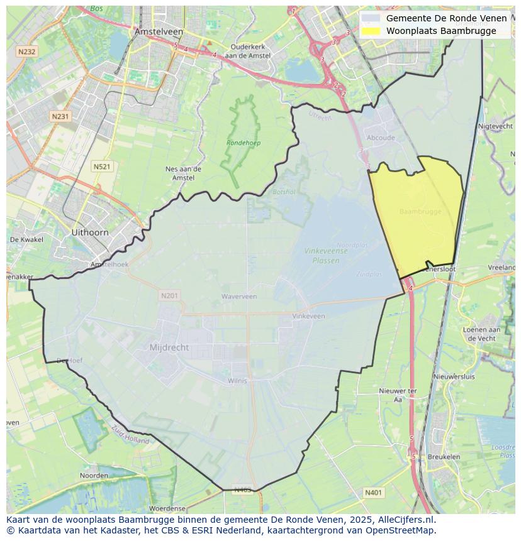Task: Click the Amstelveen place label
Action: [x=159, y=31]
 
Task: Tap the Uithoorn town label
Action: [x=89, y=232]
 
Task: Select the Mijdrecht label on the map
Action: [x=169, y=347]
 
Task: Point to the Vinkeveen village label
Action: [x=308, y=316]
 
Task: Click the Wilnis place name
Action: [x=237, y=381]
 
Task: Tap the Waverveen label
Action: [x=239, y=296]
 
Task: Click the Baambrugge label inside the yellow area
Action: [x=420, y=212]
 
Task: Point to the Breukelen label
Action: [x=444, y=457]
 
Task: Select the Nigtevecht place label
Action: [x=496, y=126]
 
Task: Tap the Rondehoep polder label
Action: [x=244, y=143]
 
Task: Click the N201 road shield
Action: [x=169, y=295]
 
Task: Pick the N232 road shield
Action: [x=26, y=52]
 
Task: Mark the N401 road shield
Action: [x=373, y=493]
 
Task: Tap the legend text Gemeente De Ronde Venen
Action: [x=446, y=18]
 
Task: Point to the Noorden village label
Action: [x=94, y=476]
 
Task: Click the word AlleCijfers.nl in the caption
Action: [x=406, y=520]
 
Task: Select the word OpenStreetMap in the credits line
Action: [x=405, y=530]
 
